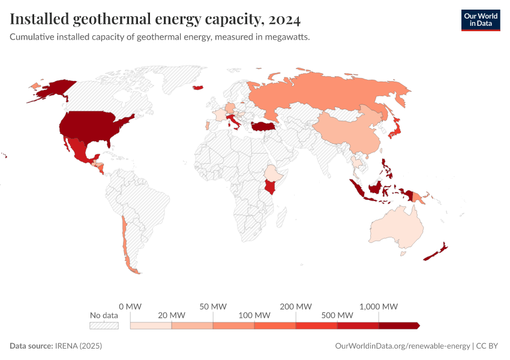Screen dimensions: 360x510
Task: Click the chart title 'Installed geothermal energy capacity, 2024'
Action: pyautogui.click(x=155, y=20)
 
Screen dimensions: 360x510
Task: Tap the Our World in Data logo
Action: pyautogui.click(x=480, y=20)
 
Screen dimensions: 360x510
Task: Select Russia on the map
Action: pyautogui.click(x=324, y=93)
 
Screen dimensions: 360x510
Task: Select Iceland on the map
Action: pyautogui.click(x=197, y=88)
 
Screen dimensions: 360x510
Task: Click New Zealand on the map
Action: pyautogui.click(x=434, y=253)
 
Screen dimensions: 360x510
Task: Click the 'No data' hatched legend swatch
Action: pyautogui.click(x=104, y=325)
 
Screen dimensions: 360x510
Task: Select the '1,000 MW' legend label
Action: pyautogui.click(x=379, y=306)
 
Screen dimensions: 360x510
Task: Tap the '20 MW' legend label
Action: pyautogui.click(x=172, y=315)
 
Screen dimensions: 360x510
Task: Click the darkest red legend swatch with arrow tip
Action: pyautogui.click(x=399, y=325)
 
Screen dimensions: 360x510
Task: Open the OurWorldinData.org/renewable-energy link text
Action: pyautogui.click(x=401, y=346)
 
